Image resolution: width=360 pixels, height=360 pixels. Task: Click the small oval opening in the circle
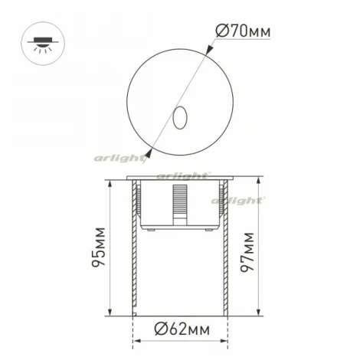click(x=182, y=117)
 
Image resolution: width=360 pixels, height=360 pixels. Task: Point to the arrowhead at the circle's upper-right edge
click(x=211, y=51)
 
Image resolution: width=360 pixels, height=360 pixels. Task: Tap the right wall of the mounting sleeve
click(x=226, y=260)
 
